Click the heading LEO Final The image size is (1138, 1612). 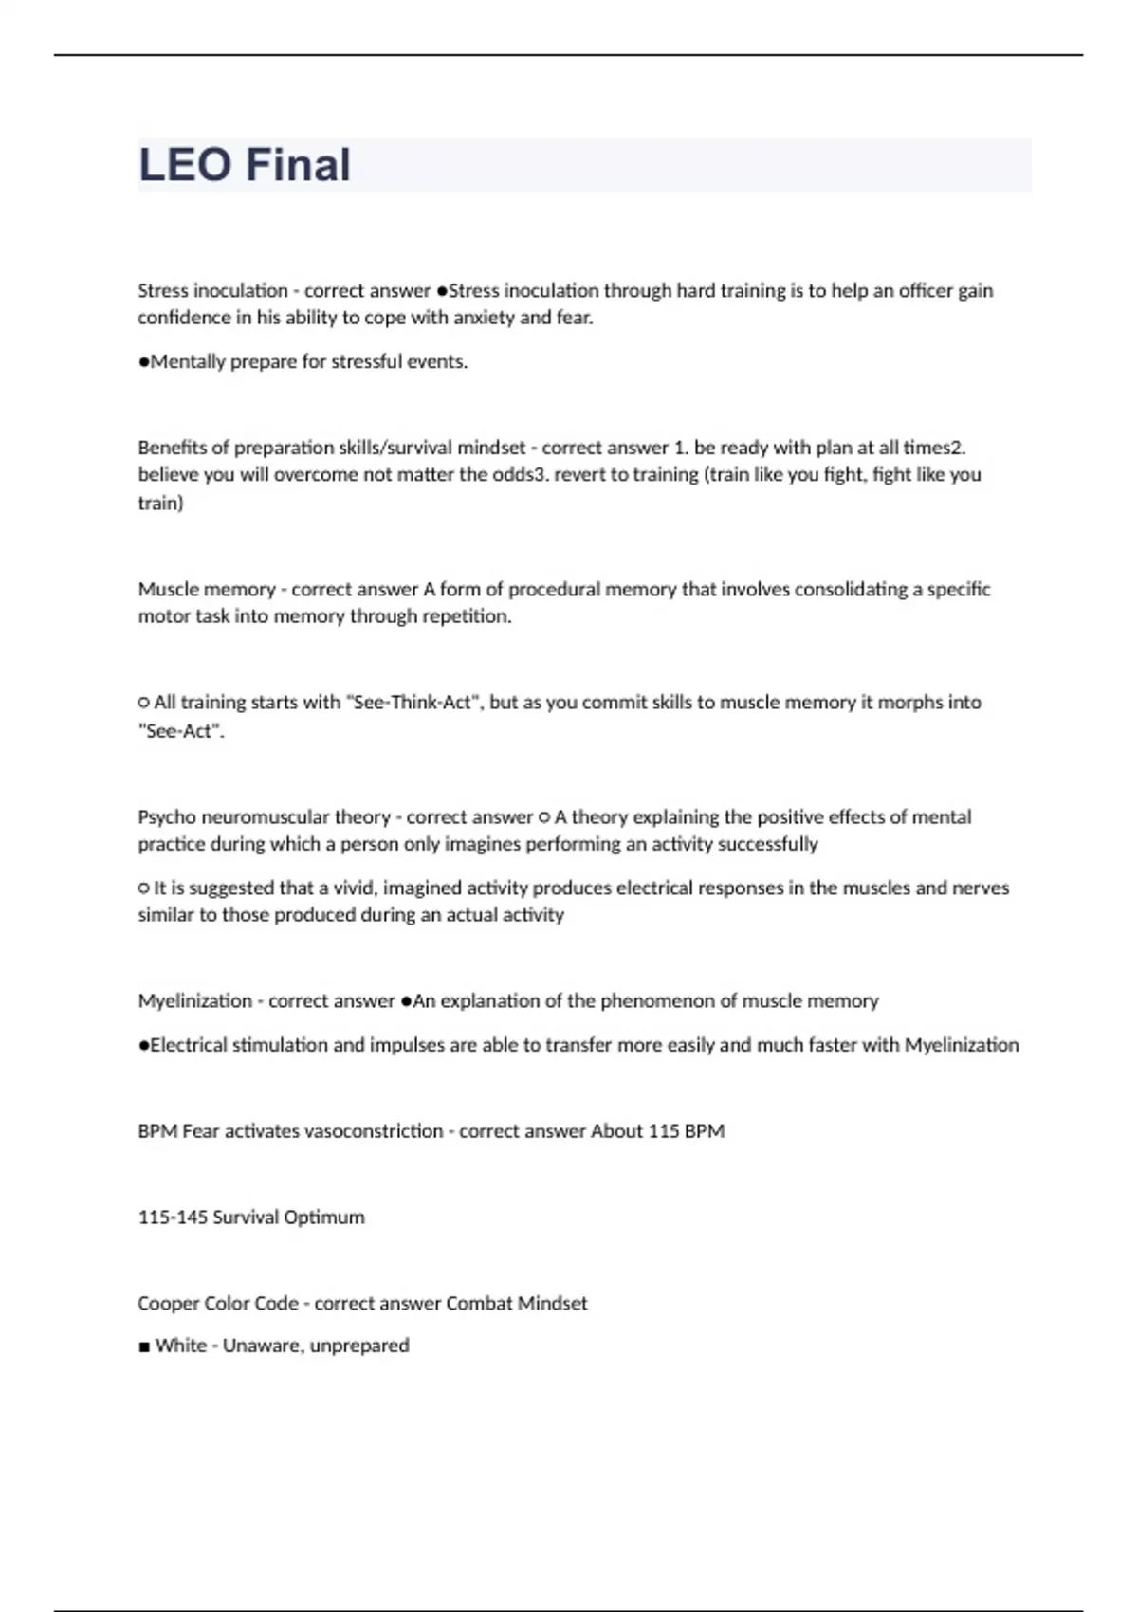pos(245,165)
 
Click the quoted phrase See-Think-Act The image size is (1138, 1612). pos(410,703)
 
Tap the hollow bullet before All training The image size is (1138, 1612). pos(144,703)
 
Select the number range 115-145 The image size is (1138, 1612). pos(173,1218)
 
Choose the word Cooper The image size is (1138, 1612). pos(166,1304)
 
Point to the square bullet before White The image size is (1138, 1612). pos(144,1346)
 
